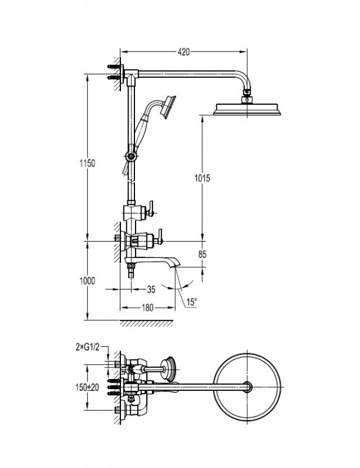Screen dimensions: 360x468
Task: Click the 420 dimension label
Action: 184,52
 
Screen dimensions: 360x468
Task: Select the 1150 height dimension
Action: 87,163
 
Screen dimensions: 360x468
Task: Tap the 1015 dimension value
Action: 202,178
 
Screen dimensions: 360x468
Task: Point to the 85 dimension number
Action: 202,254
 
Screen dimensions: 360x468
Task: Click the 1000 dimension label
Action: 87,281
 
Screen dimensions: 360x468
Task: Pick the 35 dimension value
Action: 151,289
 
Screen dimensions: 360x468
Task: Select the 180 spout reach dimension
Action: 147,308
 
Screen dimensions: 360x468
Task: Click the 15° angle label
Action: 192,302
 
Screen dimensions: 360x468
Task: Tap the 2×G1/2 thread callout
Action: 88,347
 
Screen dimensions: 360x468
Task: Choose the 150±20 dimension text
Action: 88,387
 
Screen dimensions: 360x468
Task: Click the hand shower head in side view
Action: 168,106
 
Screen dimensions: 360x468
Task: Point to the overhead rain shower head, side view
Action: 247,109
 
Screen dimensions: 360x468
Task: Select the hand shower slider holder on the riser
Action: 131,156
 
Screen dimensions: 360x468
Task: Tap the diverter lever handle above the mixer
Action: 151,208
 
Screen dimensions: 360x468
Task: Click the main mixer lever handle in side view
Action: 160,238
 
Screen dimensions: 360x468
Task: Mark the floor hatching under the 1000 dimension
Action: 146,324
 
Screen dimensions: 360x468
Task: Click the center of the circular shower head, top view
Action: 247,387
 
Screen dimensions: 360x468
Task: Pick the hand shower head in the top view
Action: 168,369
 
